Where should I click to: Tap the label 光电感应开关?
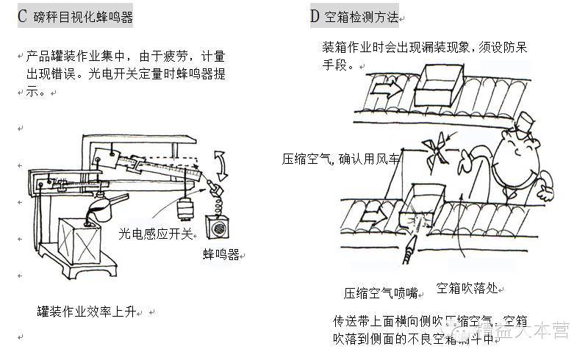155,234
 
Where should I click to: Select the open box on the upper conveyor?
441,87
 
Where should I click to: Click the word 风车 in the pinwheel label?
389,159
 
